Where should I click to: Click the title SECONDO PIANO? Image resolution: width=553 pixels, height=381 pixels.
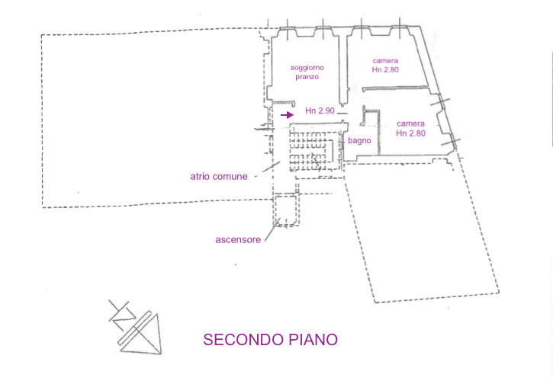270,339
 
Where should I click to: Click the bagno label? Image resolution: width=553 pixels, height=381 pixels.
359,141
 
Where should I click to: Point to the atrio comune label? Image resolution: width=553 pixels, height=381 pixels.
219,176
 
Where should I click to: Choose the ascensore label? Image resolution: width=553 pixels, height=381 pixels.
238,239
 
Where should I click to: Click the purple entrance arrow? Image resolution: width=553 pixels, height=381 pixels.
286,115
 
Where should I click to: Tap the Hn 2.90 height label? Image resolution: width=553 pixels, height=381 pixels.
320,111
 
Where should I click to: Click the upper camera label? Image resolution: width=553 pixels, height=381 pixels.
385,61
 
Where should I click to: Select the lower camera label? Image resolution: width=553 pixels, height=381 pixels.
410,123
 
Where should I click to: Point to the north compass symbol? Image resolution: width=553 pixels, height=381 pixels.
137,327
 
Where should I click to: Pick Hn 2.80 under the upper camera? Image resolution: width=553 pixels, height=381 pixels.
385,70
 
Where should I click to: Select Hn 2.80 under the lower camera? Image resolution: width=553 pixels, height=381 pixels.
410,133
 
